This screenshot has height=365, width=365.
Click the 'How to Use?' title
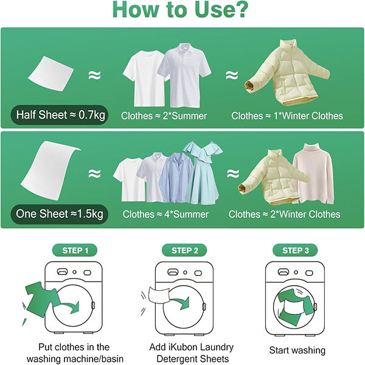pyautogui.click(x=182, y=11)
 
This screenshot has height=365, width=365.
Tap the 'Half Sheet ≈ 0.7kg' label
pyautogui.click(x=59, y=114)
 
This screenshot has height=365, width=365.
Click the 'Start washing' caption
pyautogui.click(x=297, y=350)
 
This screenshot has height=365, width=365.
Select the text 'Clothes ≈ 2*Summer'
pyautogui.click(x=164, y=116)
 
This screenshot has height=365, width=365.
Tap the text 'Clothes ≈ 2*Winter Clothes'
pyautogui.click(x=285, y=214)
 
